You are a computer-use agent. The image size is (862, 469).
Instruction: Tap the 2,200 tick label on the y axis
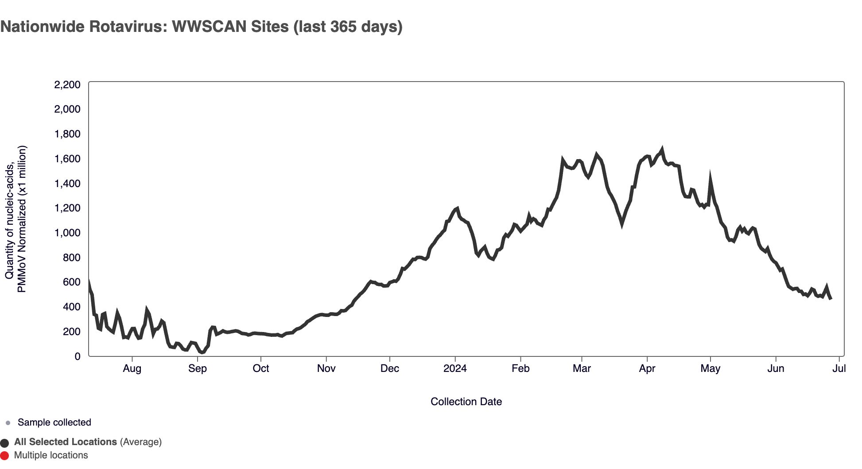[67, 85]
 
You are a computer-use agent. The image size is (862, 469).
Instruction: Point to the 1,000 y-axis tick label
[67, 233]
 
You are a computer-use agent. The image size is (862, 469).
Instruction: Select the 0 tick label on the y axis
[78, 356]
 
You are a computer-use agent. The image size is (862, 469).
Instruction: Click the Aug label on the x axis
[132, 368]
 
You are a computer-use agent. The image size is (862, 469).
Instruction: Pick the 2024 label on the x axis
[455, 368]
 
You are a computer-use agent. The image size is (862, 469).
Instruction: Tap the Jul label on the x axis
[839, 368]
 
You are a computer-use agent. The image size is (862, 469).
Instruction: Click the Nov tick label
[326, 368]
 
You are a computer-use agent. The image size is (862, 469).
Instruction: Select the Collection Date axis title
[466, 402]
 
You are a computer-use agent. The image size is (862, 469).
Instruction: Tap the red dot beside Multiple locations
[5, 456]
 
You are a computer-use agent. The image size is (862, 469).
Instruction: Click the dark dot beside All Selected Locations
[5, 443]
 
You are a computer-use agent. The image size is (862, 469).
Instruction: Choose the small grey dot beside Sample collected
[8, 423]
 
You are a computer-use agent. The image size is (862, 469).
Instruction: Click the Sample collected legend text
[54, 422]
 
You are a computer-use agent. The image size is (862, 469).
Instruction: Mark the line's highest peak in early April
[662, 149]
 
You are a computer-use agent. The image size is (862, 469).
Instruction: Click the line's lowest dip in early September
[202, 352]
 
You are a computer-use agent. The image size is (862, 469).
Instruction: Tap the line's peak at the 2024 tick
[457, 208]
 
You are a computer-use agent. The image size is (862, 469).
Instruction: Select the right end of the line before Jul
[831, 298]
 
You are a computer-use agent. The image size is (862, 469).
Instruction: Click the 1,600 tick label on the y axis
[67, 159]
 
